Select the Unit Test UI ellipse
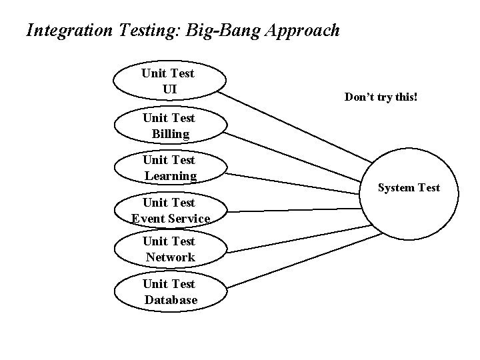pyautogui.click(x=169, y=81)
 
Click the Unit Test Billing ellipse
pyautogui.click(x=169, y=125)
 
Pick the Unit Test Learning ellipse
pyautogui.click(x=169, y=168)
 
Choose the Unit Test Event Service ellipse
pyautogui.click(x=169, y=210)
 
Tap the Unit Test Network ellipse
pyautogui.click(x=169, y=249)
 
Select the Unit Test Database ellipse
pyautogui.click(x=169, y=292)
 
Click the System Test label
pyautogui.click(x=409, y=188)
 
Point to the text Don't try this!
pyautogui.click(x=381, y=97)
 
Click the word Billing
pyautogui.click(x=170, y=134)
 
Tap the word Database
pyautogui.click(x=171, y=300)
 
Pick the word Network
pyautogui.click(x=170, y=257)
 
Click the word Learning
pyautogui.click(x=170, y=176)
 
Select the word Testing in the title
pyautogui.click(x=141, y=31)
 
